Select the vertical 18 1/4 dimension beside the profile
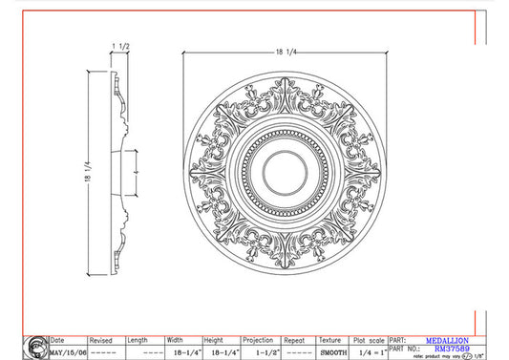tap(91, 174)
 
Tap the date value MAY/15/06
tap(68, 350)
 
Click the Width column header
tap(174, 340)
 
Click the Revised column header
tap(100, 340)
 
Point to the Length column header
tap(138, 340)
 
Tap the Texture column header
tap(329, 340)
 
